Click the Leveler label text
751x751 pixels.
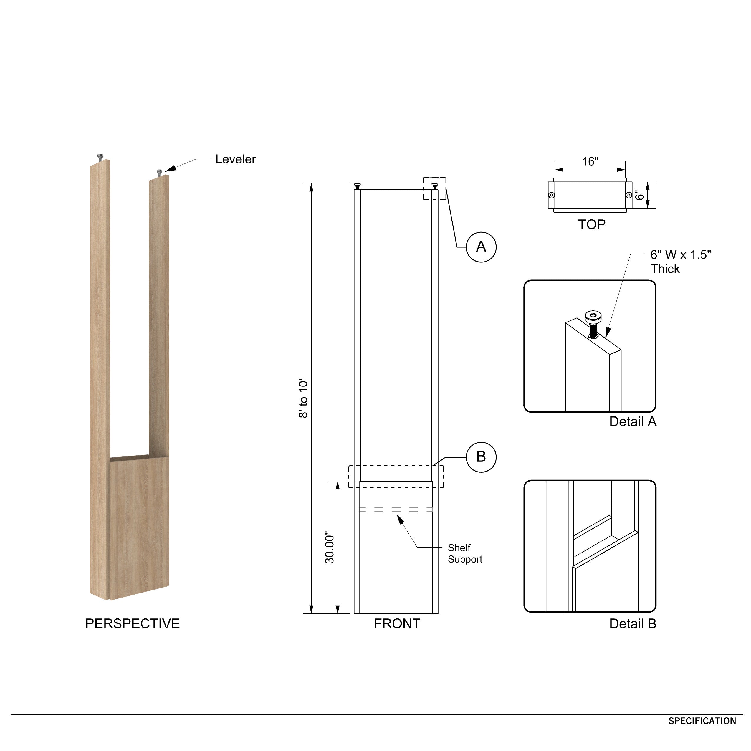coord(235,159)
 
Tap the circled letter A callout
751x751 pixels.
coord(481,247)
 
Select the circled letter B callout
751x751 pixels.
coord(481,457)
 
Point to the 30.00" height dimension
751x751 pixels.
coord(330,548)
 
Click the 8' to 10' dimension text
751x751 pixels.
coord(303,398)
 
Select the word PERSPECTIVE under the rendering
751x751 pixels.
coord(132,623)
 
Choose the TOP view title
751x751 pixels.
coord(591,224)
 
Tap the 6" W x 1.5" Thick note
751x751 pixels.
coord(680,261)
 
